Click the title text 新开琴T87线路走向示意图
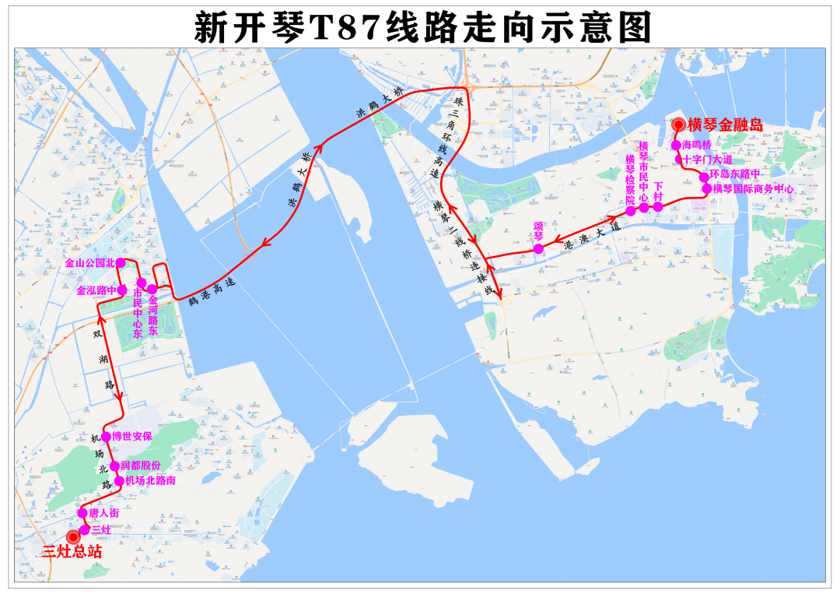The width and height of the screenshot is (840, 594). point(421,28)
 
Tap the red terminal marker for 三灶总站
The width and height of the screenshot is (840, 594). point(74,536)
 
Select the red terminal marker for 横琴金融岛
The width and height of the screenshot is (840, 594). point(678,125)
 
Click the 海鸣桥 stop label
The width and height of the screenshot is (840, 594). point(697,145)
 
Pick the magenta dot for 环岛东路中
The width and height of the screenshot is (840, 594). point(704,177)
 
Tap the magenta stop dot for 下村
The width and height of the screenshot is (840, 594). point(657,206)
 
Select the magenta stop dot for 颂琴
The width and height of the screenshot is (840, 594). point(538,248)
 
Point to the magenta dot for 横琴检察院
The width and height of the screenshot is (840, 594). point(632,210)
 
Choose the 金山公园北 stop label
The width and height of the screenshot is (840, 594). point(89,263)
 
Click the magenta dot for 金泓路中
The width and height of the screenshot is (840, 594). point(121,290)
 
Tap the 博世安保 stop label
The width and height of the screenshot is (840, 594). point(132,437)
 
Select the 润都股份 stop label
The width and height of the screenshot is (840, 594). point(141,466)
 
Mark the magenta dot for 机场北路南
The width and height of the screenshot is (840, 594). point(119,481)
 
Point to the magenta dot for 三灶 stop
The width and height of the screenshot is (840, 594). point(85,529)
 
